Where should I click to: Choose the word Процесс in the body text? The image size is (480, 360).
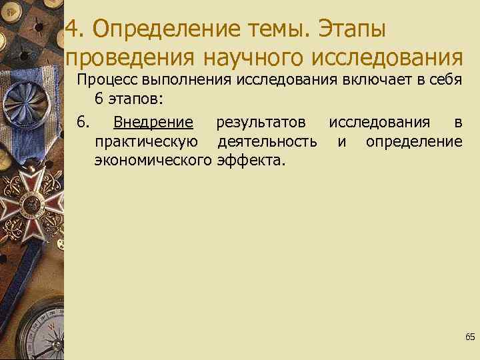click(x=106, y=81)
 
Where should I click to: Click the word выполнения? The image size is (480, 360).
click(x=182, y=81)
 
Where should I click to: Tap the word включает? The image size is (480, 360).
click(x=365, y=81)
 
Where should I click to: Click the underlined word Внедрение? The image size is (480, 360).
click(x=153, y=122)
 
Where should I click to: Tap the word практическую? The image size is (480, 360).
click(x=146, y=141)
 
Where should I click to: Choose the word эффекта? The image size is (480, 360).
click(x=251, y=160)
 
